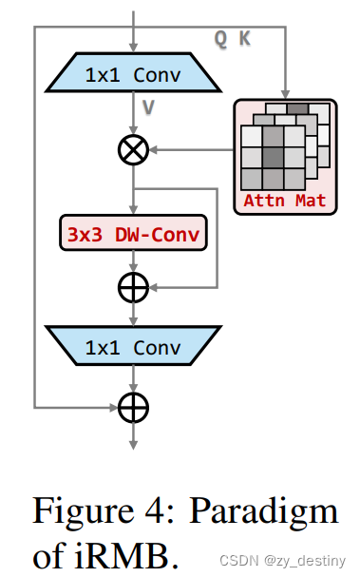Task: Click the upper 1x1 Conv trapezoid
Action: point(133,72)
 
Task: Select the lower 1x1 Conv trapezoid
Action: point(133,347)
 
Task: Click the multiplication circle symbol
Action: point(133,149)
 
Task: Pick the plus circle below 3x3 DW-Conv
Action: point(133,287)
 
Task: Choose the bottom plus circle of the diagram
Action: point(133,407)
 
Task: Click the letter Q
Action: point(220,38)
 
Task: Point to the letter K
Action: point(244,38)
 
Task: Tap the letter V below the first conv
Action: point(148,107)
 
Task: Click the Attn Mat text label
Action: point(285,201)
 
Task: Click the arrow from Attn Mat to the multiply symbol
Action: point(190,149)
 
